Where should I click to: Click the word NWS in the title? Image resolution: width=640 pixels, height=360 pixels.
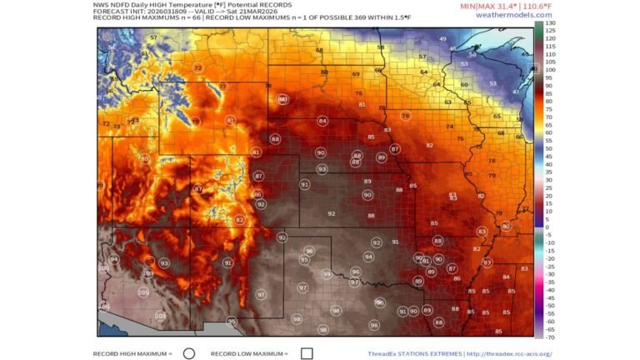tap(101, 4)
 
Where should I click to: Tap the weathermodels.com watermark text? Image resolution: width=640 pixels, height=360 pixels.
tap(508, 15)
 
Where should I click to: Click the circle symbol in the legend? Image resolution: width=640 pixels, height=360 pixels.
tap(188, 352)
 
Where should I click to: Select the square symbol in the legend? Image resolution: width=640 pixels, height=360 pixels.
tap(307, 352)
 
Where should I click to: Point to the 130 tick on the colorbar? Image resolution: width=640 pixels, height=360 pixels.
tap(551, 22)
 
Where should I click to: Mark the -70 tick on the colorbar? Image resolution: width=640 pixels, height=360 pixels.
tap(550, 337)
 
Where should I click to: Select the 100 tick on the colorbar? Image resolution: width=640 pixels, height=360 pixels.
tap(551, 70)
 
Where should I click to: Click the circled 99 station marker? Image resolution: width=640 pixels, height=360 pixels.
tap(327, 273)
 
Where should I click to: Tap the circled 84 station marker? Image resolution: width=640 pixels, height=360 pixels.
tap(322, 121)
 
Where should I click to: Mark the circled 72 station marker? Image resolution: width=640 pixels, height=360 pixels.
tap(197, 68)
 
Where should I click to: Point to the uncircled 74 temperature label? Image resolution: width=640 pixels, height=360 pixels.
tap(450, 127)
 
